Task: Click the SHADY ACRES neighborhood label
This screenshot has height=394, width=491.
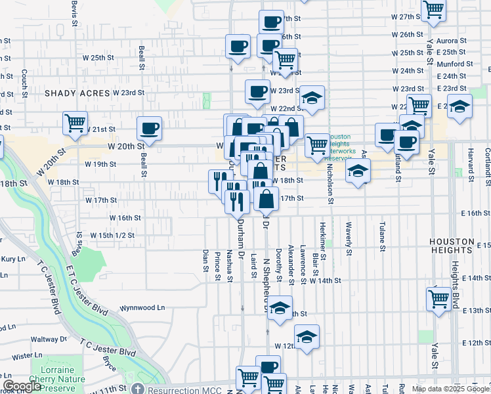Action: click(76, 93)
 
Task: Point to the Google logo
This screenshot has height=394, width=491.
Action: click(22, 386)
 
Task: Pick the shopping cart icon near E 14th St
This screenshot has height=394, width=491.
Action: click(438, 298)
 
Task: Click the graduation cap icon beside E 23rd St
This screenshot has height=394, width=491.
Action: click(460, 106)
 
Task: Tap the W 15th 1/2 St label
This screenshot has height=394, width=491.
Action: click(112, 235)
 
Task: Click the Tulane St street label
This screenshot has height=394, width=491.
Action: click(382, 236)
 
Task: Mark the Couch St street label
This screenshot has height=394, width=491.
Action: click(24, 81)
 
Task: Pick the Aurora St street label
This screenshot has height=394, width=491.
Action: click(451, 41)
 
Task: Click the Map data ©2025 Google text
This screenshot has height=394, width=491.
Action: click(450, 389)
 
